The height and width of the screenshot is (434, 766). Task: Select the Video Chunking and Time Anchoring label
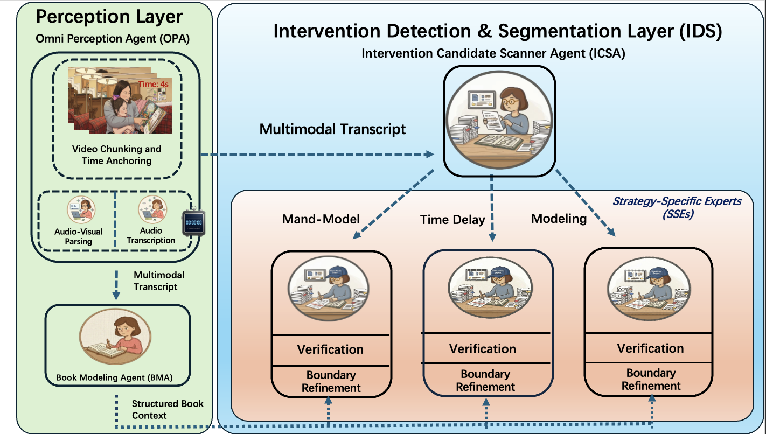(x=116, y=155)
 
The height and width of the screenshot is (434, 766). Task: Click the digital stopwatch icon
(x=193, y=221)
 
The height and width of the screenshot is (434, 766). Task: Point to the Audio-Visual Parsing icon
(x=81, y=209)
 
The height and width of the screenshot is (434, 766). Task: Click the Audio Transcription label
(x=151, y=236)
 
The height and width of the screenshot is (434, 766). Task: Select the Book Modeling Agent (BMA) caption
(x=114, y=377)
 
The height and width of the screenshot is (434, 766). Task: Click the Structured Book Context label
(x=168, y=409)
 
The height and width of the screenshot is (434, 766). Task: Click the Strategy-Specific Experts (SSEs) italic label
(x=677, y=207)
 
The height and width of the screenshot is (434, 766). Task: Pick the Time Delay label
(x=452, y=219)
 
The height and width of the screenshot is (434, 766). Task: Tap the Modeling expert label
(x=559, y=218)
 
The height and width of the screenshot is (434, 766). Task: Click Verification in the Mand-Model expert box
(x=330, y=349)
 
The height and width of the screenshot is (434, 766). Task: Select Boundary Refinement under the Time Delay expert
(x=485, y=380)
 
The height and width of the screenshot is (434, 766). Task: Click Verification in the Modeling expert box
(x=650, y=348)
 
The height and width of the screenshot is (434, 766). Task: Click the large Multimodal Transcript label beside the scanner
(x=332, y=129)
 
